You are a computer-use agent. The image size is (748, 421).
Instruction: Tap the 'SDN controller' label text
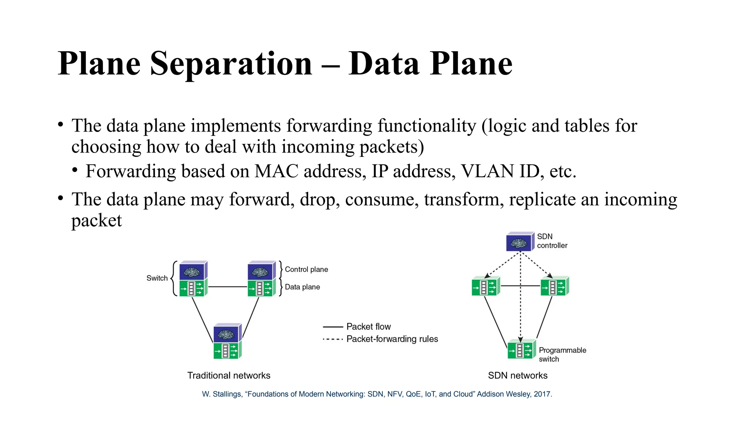(x=552, y=241)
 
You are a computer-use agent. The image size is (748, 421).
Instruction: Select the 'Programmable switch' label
(x=562, y=354)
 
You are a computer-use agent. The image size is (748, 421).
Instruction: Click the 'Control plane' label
(x=306, y=269)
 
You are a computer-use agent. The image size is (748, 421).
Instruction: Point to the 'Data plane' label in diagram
(x=302, y=287)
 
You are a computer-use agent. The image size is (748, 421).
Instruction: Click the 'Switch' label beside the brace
(x=157, y=278)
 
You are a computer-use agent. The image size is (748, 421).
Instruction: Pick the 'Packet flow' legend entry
(x=368, y=326)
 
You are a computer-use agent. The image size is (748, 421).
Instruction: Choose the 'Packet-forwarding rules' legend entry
(x=392, y=339)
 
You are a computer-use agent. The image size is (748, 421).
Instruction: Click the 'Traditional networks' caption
(x=229, y=375)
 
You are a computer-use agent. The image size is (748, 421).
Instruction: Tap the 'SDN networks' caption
(x=518, y=375)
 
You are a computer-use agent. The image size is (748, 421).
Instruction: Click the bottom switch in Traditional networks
(x=227, y=341)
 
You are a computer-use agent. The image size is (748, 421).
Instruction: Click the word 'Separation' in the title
(x=231, y=64)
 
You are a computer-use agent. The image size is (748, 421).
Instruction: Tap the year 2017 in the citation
(x=542, y=394)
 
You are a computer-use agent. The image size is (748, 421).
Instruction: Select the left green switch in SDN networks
(x=485, y=287)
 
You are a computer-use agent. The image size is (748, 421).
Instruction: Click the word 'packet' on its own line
(x=96, y=220)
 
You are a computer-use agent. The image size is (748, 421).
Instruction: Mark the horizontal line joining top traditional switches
(x=228, y=287)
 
